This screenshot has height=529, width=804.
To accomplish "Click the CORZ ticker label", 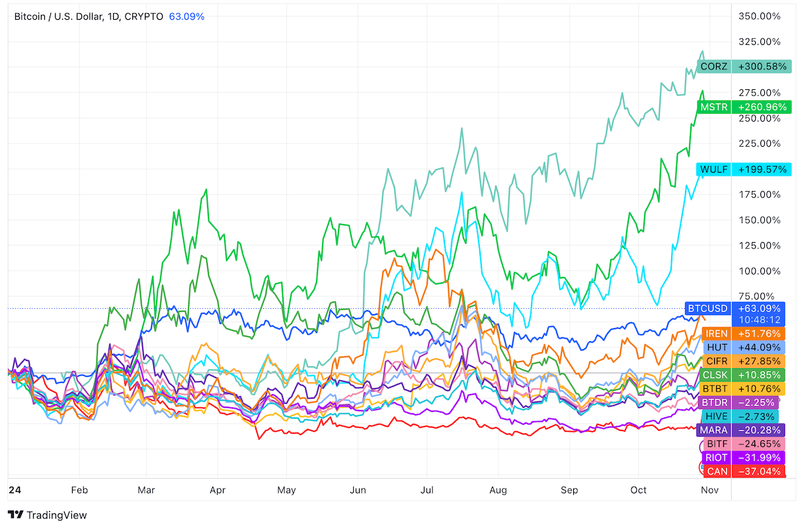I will pyautogui.click(x=714, y=66).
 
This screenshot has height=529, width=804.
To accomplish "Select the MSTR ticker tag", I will pyautogui.click(x=714, y=106).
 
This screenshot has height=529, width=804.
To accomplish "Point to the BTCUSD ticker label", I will pyautogui.click(x=707, y=308).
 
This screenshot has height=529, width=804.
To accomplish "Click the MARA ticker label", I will pyautogui.click(x=714, y=430).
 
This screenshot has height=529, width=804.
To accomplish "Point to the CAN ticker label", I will pyautogui.click(x=717, y=471).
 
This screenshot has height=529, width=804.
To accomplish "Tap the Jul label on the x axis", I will pyautogui.click(x=427, y=490).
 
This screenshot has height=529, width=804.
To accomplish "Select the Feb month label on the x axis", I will pyautogui.click(x=79, y=490).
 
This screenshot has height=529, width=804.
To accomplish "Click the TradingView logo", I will pyautogui.click(x=47, y=515).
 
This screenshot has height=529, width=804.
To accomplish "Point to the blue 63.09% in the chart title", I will pyautogui.click(x=186, y=16).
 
